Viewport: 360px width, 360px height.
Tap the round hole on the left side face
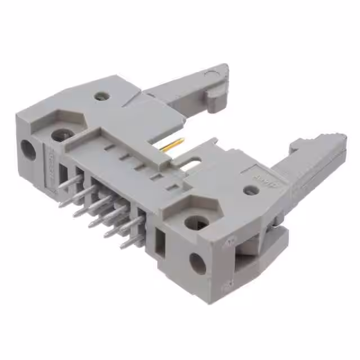pyautogui.click(x=27, y=149)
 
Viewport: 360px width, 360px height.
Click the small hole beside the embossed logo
pyautogui.click(x=251, y=191)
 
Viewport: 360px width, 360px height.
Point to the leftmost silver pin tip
pyautogui.click(x=61, y=204)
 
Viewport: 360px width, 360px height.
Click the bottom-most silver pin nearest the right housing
pyautogui.click(x=124, y=245)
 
